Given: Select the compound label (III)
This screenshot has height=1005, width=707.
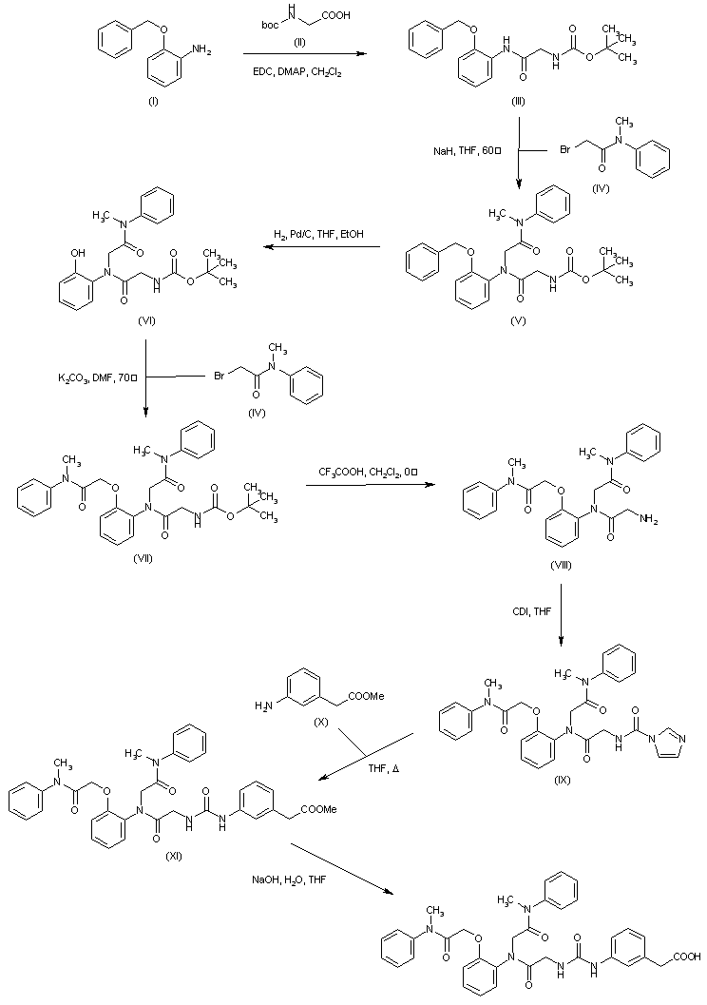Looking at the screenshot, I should tap(518, 100).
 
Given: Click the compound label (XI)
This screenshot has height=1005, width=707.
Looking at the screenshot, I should tap(174, 854).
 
